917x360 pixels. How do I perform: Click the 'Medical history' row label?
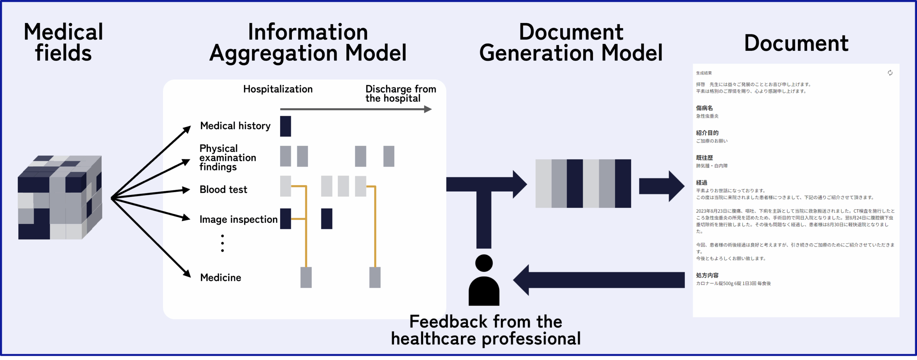(235, 126)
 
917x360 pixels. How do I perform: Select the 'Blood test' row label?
(223, 189)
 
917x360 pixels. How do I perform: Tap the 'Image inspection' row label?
(238, 219)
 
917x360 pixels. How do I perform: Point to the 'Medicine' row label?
(221, 278)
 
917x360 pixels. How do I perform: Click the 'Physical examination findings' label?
(227, 158)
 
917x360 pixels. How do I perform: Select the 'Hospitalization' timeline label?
(278, 89)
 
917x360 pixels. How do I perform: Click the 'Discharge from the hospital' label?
(400, 93)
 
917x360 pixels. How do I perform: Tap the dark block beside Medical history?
(285, 126)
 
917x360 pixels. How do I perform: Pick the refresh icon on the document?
(890, 73)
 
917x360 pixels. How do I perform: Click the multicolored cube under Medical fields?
(60, 197)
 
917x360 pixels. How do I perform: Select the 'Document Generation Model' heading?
(571, 42)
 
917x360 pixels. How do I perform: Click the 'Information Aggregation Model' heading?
(308, 42)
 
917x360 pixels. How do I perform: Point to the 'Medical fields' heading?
(63, 42)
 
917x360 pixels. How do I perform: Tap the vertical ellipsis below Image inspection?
(222, 244)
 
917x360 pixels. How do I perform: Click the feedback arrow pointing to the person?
(598, 280)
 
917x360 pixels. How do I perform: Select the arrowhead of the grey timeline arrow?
(428, 109)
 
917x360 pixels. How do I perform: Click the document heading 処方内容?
(707, 275)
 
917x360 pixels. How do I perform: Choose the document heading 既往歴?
(704, 158)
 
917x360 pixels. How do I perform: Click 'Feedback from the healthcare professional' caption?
(485, 330)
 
